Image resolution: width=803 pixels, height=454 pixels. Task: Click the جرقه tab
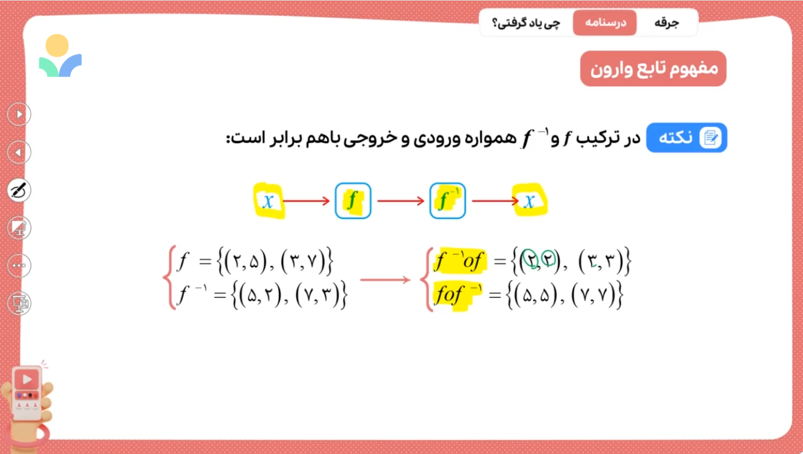point(667,23)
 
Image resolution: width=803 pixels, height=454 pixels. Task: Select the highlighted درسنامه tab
point(605,23)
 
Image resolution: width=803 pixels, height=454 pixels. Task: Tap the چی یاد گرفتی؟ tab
point(526,23)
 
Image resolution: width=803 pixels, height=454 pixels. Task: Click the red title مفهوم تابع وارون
point(653,69)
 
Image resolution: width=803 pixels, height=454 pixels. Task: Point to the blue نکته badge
point(687,138)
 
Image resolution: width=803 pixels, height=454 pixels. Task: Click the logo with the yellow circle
point(60,56)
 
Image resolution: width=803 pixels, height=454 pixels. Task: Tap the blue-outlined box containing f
point(353,201)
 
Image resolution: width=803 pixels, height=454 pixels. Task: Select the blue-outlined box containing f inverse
point(447,201)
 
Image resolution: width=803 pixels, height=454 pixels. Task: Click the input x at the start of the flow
point(268,201)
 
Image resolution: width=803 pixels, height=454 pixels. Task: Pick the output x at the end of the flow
point(530,201)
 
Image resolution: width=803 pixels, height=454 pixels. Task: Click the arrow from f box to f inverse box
point(401,201)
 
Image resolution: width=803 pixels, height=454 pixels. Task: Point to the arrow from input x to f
point(306,201)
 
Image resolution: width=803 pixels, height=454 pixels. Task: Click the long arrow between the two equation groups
point(385,280)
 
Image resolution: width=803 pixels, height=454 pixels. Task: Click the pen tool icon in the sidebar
point(19,190)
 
